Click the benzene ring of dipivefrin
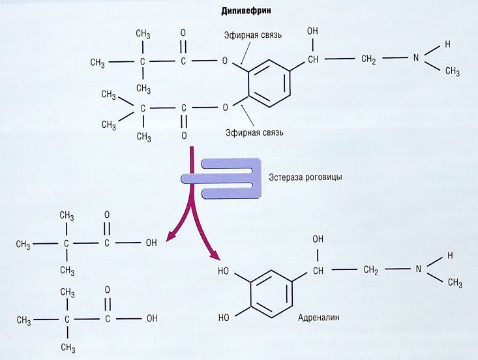(x=267, y=84)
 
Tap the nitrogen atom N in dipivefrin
(x=415, y=59)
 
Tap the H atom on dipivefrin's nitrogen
(x=447, y=44)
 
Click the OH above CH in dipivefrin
(x=314, y=31)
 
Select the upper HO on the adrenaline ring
(x=223, y=270)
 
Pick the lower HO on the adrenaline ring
(x=223, y=318)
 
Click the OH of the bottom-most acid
(x=151, y=320)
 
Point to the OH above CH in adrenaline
(x=318, y=239)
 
